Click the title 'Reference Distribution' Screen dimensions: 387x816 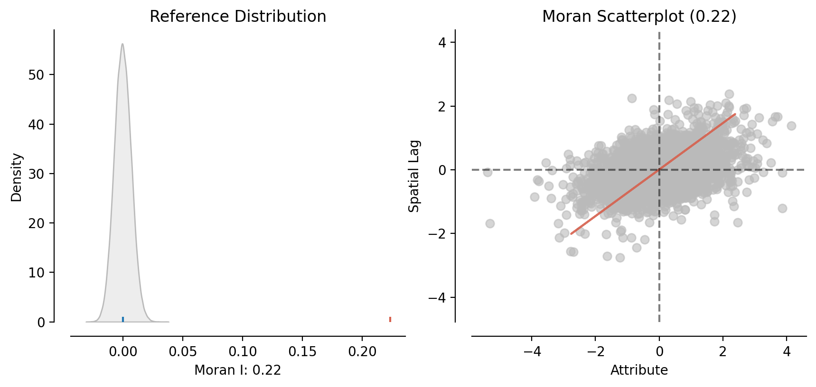238,17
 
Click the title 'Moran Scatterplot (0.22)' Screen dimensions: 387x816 639,17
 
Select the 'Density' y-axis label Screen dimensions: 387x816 17,177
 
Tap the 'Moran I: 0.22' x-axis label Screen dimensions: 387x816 238,370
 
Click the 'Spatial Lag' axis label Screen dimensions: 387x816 414,176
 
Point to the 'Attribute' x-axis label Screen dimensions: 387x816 639,370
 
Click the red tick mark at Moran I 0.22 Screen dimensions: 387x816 390,319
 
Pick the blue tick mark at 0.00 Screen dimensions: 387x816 123,319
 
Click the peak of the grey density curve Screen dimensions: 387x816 122,44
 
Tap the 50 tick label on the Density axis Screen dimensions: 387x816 37,75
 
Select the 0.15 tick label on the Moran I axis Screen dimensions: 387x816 302,352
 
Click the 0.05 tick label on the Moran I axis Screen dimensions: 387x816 183,352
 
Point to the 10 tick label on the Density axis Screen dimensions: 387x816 37,273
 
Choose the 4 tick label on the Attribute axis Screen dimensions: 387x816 787,352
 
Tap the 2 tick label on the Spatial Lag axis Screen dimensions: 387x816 442,106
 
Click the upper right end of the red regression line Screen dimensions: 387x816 735,114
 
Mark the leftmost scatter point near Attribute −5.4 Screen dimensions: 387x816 488,172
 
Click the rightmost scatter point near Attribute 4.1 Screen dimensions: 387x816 791,126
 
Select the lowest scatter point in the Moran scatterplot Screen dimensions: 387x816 620,258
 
